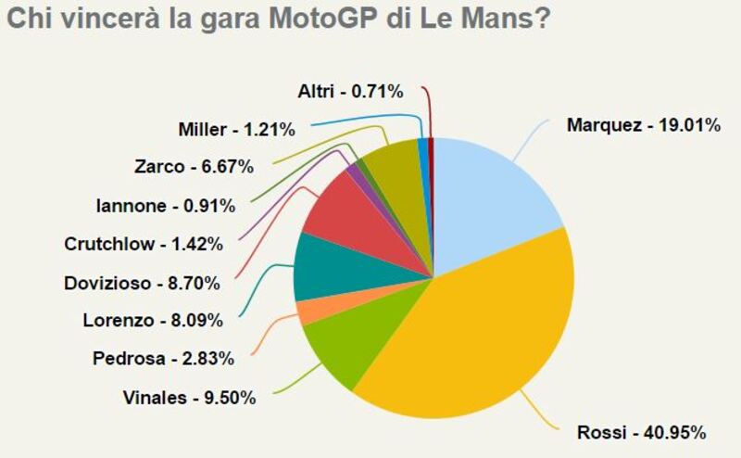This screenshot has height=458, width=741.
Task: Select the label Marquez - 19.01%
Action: pos(643,124)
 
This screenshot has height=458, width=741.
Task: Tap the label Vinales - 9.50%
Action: pos(189,399)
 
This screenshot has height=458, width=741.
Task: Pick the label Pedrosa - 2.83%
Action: pos(163,359)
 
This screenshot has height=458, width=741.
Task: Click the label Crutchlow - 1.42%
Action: pos(144,245)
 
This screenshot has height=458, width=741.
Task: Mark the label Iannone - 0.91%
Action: pos(165,206)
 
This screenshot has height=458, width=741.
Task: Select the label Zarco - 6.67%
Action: pos(194,167)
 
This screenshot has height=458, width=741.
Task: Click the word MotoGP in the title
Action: pos(348,19)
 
